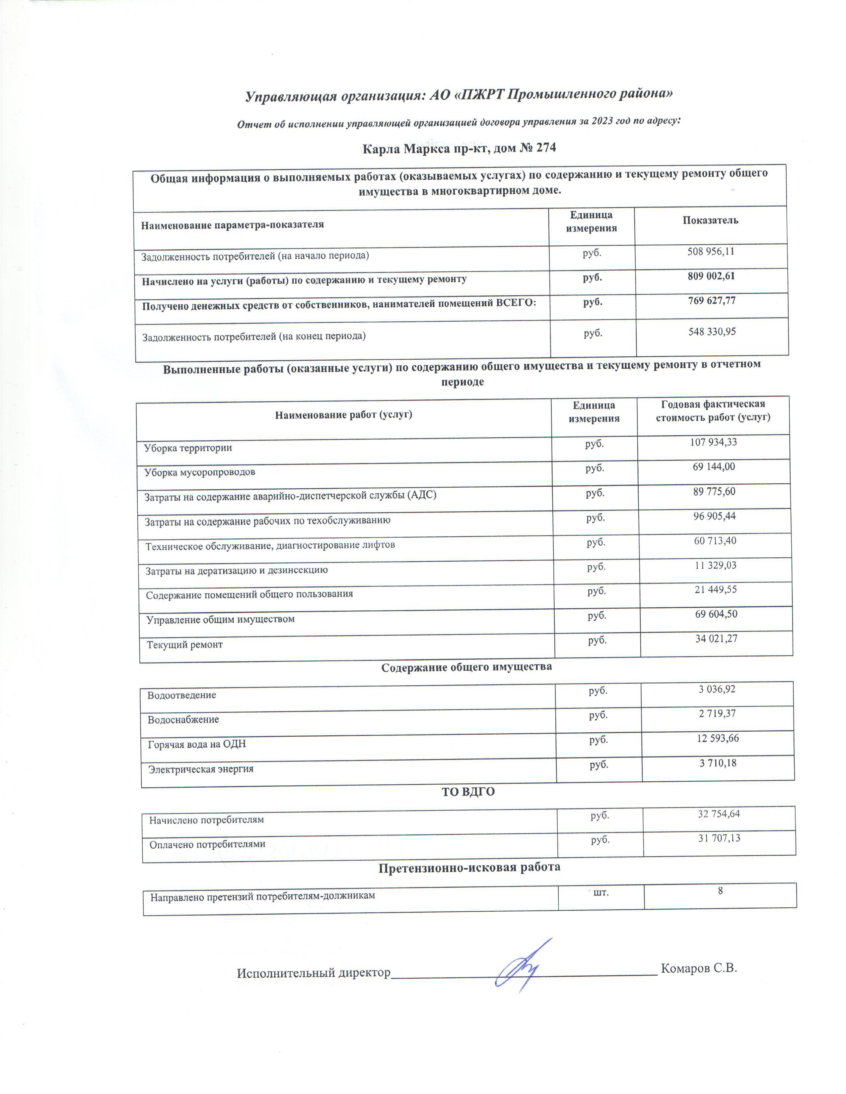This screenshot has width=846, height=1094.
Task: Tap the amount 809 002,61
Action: tap(711, 276)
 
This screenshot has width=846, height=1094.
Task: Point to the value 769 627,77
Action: tap(712, 301)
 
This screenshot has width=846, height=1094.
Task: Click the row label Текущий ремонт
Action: tap(184, 645)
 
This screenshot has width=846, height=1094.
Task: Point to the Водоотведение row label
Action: tap(181, 695)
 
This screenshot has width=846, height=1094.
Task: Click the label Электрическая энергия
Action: tap(200, 769)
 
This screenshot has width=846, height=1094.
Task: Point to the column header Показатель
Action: tap(710, 220)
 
